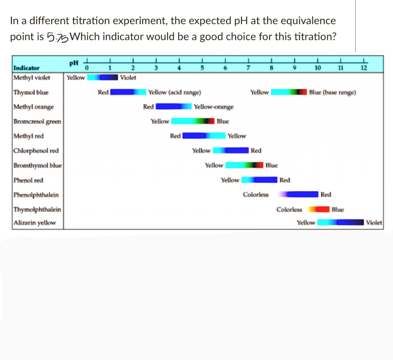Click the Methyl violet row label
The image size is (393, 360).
(32, 77)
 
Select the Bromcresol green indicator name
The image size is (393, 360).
(37, 122)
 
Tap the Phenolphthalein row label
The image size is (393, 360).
(36, 195)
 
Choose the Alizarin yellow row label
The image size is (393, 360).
(35, 222)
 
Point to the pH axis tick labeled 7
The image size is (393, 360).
(249, 68)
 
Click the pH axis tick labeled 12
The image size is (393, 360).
(364, 68)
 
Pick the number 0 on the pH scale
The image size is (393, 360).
(87, 68)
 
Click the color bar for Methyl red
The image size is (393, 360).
(203, 136)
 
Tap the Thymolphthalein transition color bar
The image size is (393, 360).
(317, 209)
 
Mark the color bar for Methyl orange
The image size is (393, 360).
(173, 107)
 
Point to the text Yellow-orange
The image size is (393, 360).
(214, 107)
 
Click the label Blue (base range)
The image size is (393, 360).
(332, 92)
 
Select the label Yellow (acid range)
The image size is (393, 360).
(175, 92)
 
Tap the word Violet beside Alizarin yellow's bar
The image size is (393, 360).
(374, 222)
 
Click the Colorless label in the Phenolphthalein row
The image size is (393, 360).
(256, 195)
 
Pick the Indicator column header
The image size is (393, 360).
(26, 68)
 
